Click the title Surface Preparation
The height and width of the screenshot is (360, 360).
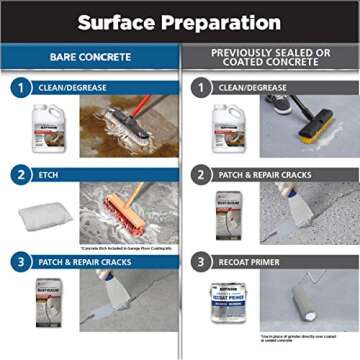click(x=179, y=21)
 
